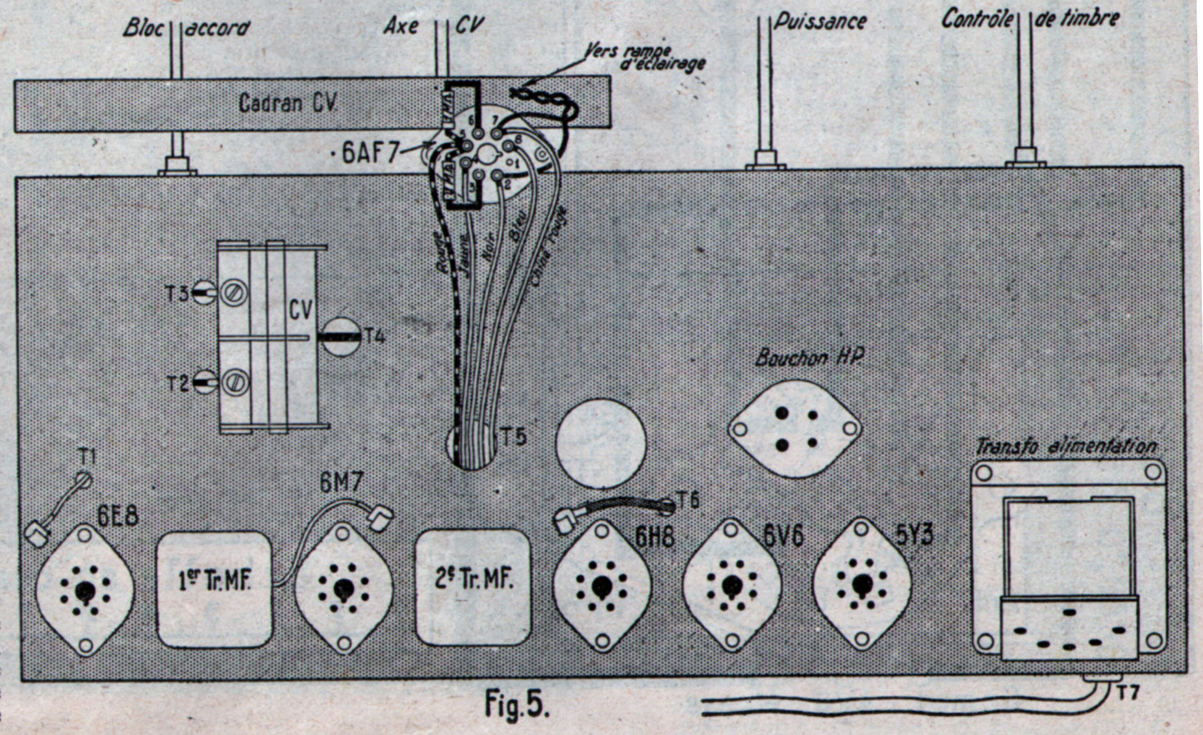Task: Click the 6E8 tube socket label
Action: (118, 518)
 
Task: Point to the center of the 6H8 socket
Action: (601, 586)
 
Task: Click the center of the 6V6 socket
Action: (731, 585)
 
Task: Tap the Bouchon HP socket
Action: (795, 429)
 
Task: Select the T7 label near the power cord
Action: (1128, 693)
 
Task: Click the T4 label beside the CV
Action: (375, 336)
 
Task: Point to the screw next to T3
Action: (234, 293)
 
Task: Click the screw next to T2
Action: (234, 383)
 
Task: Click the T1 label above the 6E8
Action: (86, 456)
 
